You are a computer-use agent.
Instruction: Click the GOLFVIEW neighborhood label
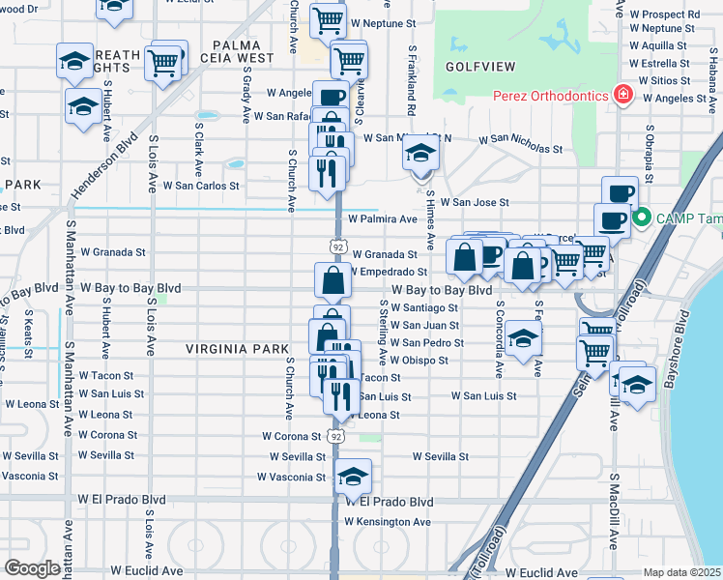477,67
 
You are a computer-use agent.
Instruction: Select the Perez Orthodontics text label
549,95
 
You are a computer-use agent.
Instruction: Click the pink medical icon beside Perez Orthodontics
623,95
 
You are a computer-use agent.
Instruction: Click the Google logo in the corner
32,568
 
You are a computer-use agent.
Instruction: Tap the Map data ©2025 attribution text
681,572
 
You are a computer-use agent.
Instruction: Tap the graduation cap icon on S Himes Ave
419,155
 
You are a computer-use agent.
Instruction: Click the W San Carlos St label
201,185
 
